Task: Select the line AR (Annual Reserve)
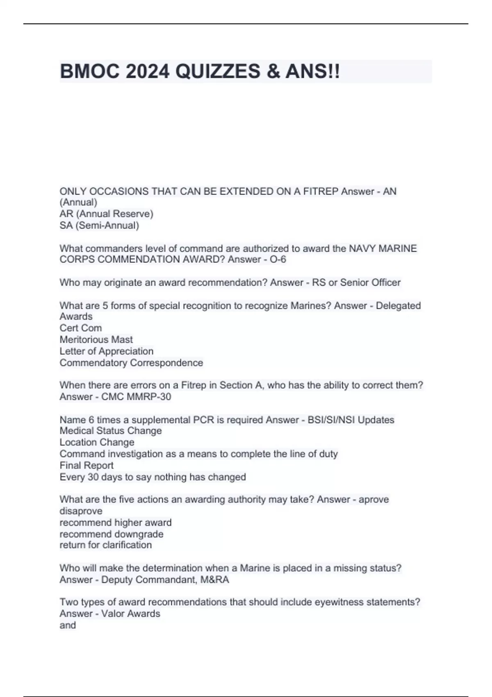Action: (106, 214)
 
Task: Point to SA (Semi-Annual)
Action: (99, 225)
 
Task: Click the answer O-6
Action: (278, 259)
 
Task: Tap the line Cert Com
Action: (81, 328)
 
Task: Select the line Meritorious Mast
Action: (96, 339)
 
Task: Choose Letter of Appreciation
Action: (106, 351)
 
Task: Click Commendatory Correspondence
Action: (131, 362)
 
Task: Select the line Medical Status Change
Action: (111, 430)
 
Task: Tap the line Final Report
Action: (87, 465)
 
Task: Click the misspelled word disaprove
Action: (81, 511)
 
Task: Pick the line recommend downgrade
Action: (111, 534)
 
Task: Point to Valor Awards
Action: (131, 613)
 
